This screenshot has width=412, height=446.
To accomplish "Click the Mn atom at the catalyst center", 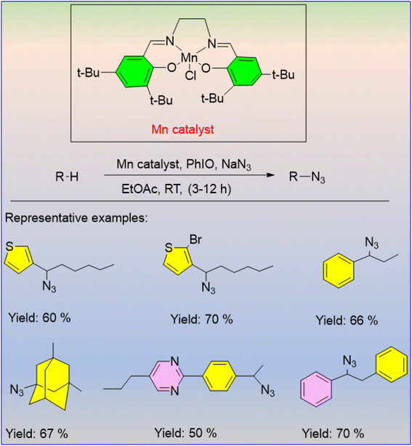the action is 189,58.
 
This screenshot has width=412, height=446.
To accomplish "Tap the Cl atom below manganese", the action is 190,76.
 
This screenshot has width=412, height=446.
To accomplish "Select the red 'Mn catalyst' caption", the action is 182,130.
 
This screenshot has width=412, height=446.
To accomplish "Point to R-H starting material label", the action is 67,177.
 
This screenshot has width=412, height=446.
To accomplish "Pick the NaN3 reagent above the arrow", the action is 236,165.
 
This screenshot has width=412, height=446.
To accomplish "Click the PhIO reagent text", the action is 200,164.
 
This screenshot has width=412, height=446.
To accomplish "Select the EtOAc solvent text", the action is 140,189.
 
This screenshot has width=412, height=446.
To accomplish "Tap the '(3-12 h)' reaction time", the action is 209,189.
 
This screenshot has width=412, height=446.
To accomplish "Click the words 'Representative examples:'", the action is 76,218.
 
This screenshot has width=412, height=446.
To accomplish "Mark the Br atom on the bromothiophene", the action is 195,240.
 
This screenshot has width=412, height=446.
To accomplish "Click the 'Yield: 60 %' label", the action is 39,317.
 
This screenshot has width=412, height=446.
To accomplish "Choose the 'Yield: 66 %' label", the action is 347,320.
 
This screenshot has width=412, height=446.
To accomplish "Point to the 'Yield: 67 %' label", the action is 37,434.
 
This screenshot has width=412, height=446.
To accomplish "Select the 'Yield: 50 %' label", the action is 185,433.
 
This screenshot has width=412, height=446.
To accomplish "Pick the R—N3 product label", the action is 307,177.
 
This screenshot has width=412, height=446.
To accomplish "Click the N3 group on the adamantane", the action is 17,389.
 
